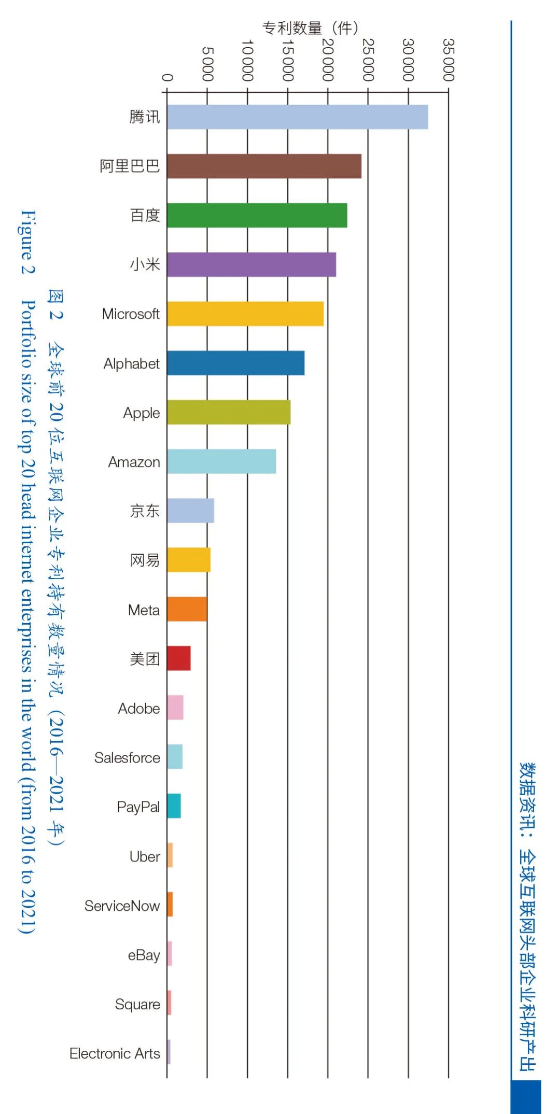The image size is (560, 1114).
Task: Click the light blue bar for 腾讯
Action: [297, 117]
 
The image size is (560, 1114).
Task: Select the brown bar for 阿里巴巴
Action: [264, 166]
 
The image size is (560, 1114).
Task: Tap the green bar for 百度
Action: [257, 216]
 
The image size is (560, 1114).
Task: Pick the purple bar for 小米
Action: [251, 265]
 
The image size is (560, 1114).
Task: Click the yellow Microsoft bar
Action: [245, 314]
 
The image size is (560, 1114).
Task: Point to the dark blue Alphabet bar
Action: [235, 363]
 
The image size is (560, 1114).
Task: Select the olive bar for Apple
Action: [229, 413]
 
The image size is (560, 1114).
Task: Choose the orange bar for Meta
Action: [187, 610]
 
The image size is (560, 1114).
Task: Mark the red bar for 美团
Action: [178, 659]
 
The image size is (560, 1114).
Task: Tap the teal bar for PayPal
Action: [174, 807]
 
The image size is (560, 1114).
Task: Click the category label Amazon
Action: [134, 462]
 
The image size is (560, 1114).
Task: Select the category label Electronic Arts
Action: [115, 1054]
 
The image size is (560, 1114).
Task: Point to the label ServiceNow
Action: [122, 906]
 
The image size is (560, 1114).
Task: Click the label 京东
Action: [145, 511]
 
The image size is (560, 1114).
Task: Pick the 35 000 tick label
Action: [449, 60]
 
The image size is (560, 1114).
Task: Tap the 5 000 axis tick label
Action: [207, 64]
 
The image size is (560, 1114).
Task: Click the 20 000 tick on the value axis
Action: [328, 60]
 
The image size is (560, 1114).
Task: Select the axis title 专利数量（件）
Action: [310, 27]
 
